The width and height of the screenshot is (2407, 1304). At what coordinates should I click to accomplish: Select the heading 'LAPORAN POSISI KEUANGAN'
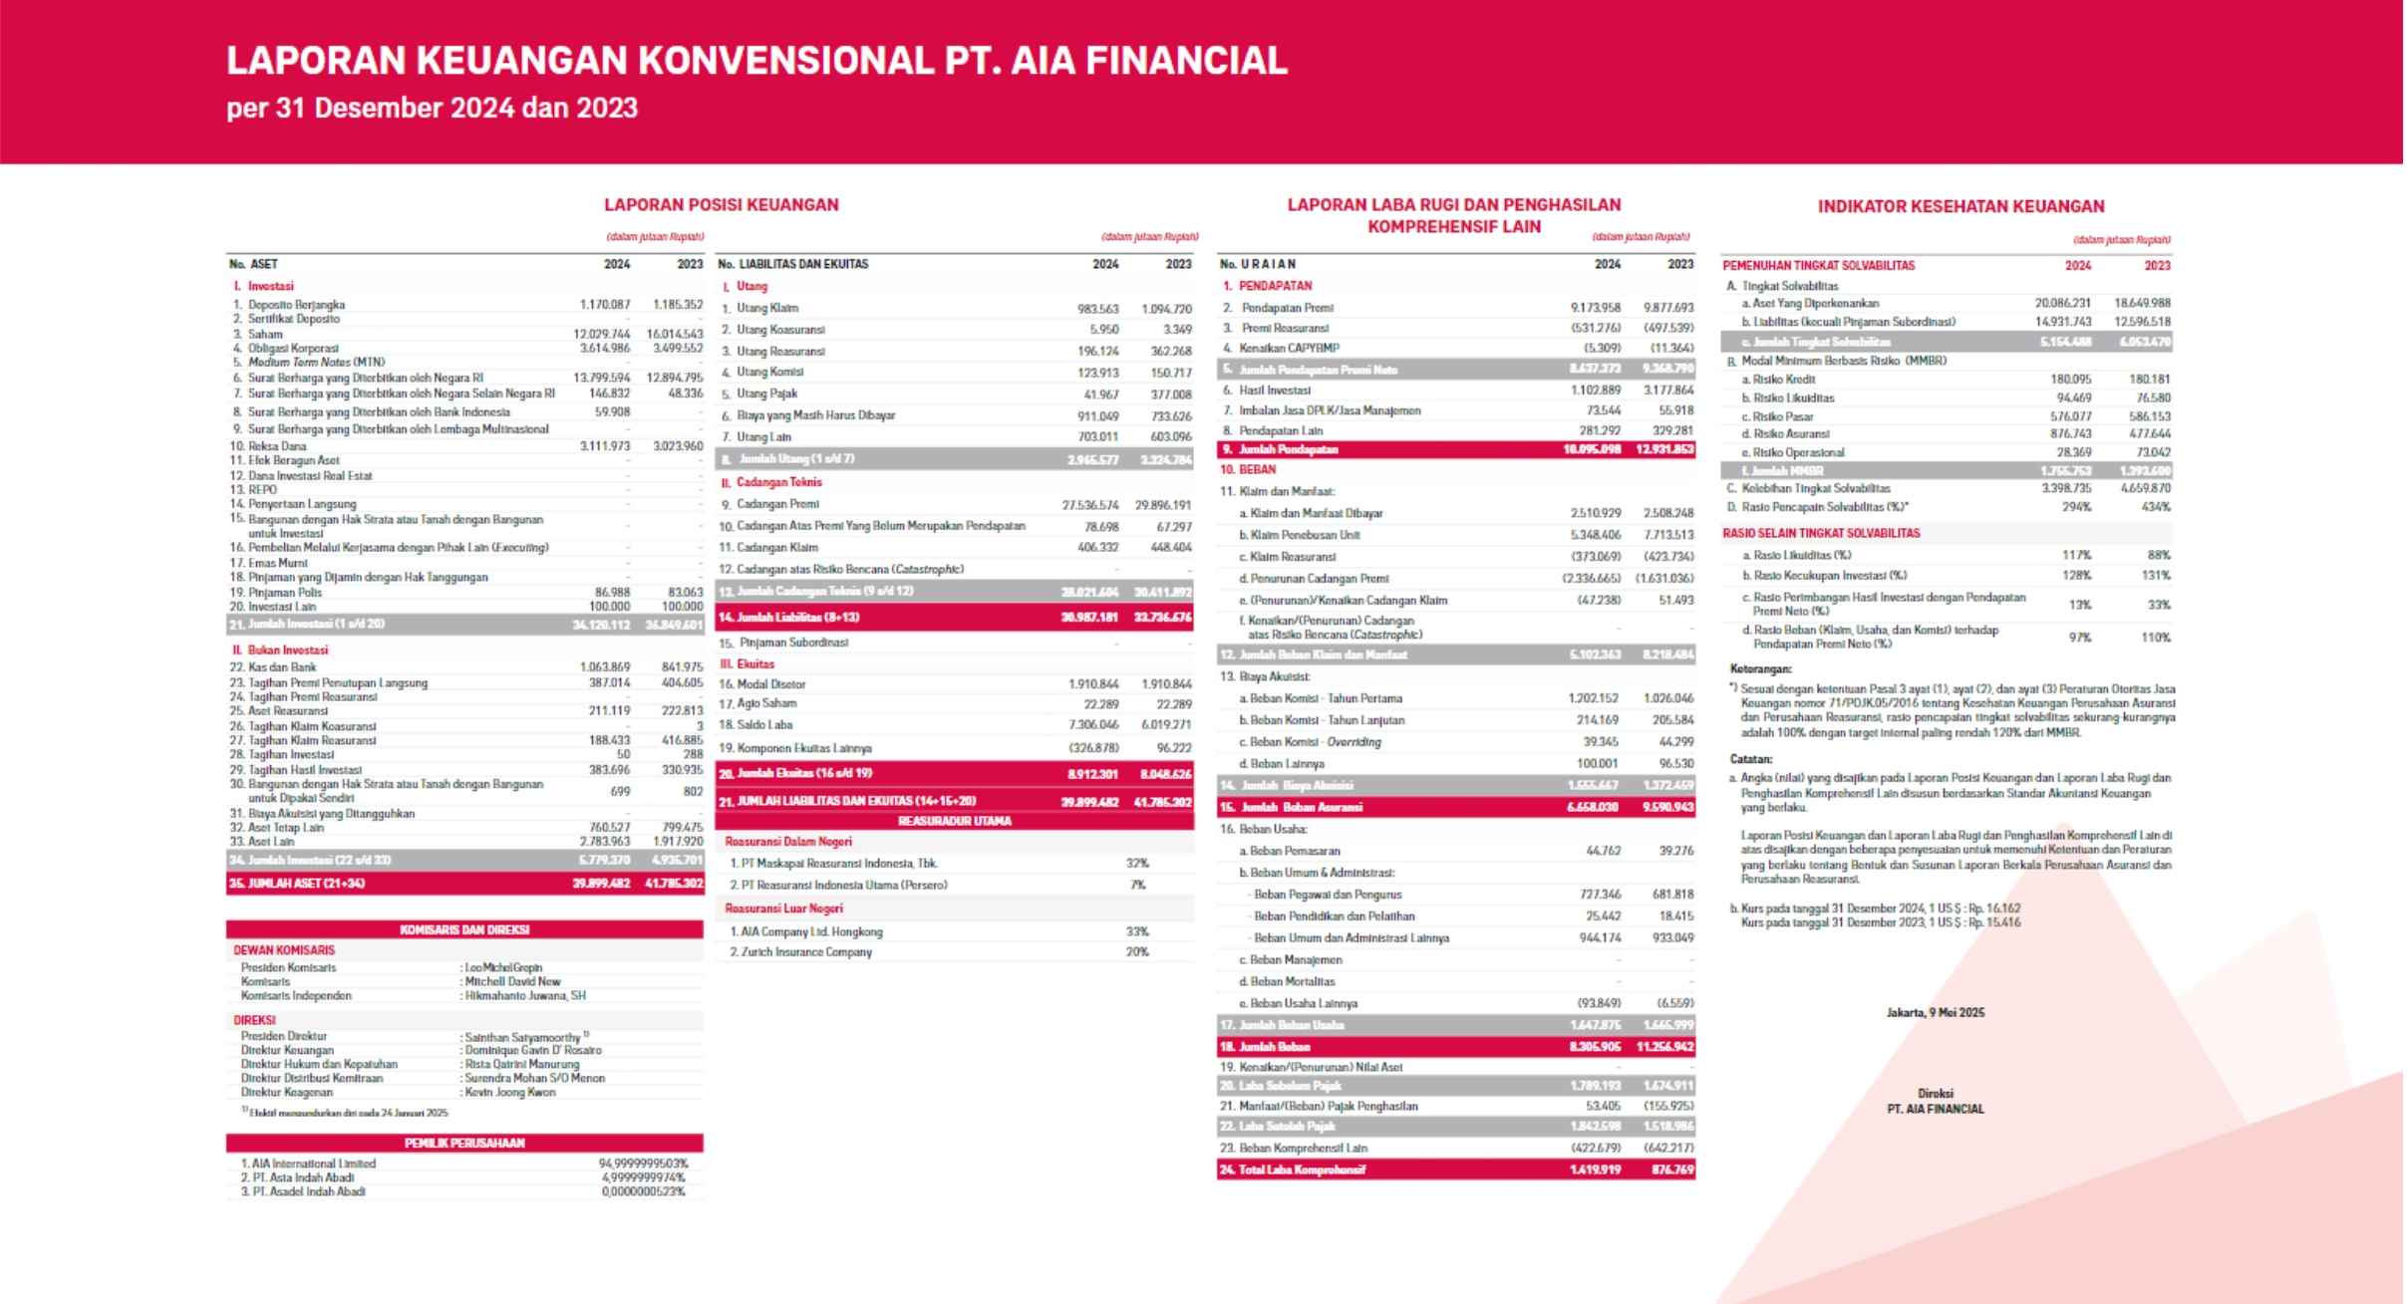pos(721,204)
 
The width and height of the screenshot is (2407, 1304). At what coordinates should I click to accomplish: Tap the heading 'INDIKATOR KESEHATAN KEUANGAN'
pos(1960,206)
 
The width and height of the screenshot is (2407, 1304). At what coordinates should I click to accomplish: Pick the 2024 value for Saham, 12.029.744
pos(602,334)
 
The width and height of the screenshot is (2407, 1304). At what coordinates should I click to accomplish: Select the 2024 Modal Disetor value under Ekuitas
pos(1093,683)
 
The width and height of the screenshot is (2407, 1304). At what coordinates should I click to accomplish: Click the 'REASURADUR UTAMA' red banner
pos(954,821)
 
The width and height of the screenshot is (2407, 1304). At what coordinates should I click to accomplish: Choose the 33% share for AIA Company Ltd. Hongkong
pos(1137,931)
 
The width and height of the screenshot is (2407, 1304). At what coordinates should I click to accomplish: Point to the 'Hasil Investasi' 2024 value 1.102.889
pos(1596,390)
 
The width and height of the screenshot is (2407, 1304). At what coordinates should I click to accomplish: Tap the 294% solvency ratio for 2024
pos(2077,507)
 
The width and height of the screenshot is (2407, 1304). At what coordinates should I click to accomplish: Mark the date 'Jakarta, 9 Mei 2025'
pos(1935,1012)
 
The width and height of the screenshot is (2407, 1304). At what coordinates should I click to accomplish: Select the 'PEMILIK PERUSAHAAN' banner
pos(464,1143)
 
